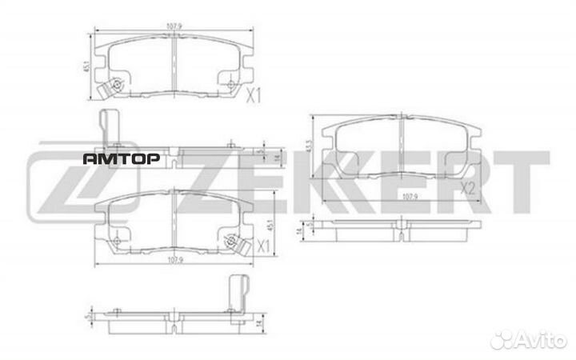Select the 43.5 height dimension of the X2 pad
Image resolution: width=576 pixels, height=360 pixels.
308,150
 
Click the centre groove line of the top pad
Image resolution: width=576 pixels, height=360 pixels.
174,56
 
